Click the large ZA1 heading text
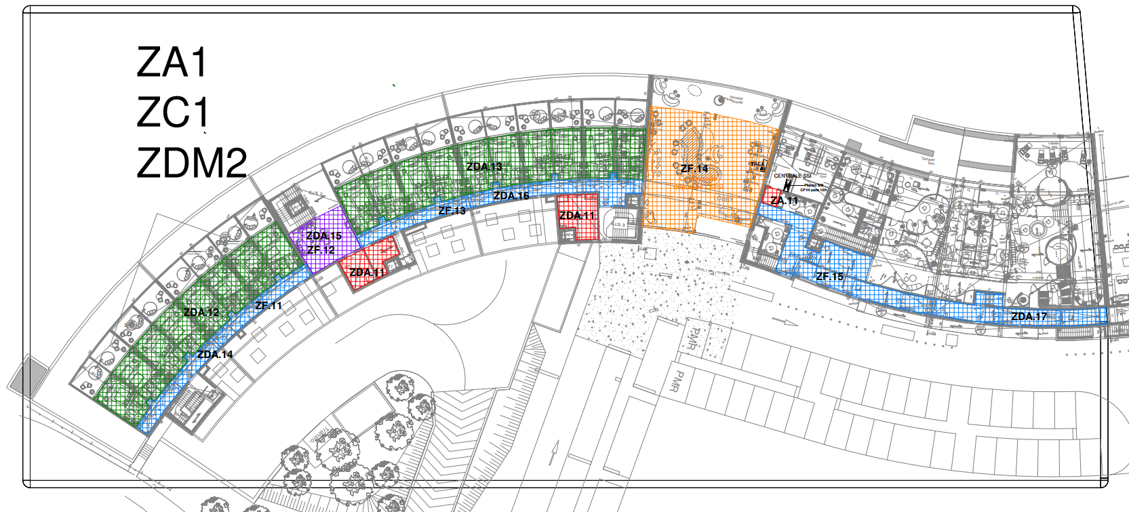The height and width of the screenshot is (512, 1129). tap(172, 62)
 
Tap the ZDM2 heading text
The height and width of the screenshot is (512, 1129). tap(191, 163)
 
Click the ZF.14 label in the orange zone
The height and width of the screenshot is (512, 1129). tap(694, 168)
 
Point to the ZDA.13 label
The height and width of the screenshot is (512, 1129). tap(484, 167)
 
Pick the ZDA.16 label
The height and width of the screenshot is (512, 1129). tap(511, 196)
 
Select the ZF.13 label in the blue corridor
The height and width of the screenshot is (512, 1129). tap(452, 211)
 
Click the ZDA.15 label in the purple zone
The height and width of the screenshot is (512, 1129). tap(324, 236)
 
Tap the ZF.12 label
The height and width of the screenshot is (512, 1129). tap(321, 250)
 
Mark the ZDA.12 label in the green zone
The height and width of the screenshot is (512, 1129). tap(201, 313)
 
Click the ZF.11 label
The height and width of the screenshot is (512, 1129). tap(269, 306)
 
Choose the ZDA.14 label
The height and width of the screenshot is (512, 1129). tap(215, 355)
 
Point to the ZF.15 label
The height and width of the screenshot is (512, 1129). tap(829, 276)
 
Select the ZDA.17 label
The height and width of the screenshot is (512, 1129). tap(1029, 317)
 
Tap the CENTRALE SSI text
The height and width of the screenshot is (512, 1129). tap(792, 176)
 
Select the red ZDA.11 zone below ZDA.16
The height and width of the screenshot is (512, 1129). tap(578, 217)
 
